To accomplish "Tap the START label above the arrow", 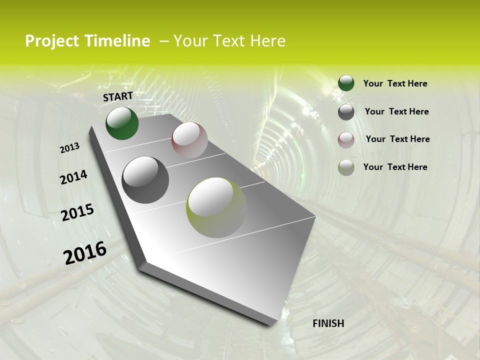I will tap(118, 96).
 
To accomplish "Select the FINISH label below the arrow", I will tap(328, 323).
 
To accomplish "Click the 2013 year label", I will tap(69, 148).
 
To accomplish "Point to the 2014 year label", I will tap(73, 177).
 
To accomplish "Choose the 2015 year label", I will tap(77, 212).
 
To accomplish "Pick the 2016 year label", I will tap(85, 253).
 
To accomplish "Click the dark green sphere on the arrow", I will tap(122, 123).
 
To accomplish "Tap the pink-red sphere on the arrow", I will tap(189, 139).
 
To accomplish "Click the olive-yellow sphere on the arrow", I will tap(216, 207).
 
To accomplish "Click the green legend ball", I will tap(346, 83).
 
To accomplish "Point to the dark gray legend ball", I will tap(346, 111).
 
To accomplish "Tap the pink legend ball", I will tap(346, 139).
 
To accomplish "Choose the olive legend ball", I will tap(346, 167).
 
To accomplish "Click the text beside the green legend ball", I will tap(395, 83).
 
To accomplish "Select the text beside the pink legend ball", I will tap(397, 139).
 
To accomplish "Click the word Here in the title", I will tap(267, 41).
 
